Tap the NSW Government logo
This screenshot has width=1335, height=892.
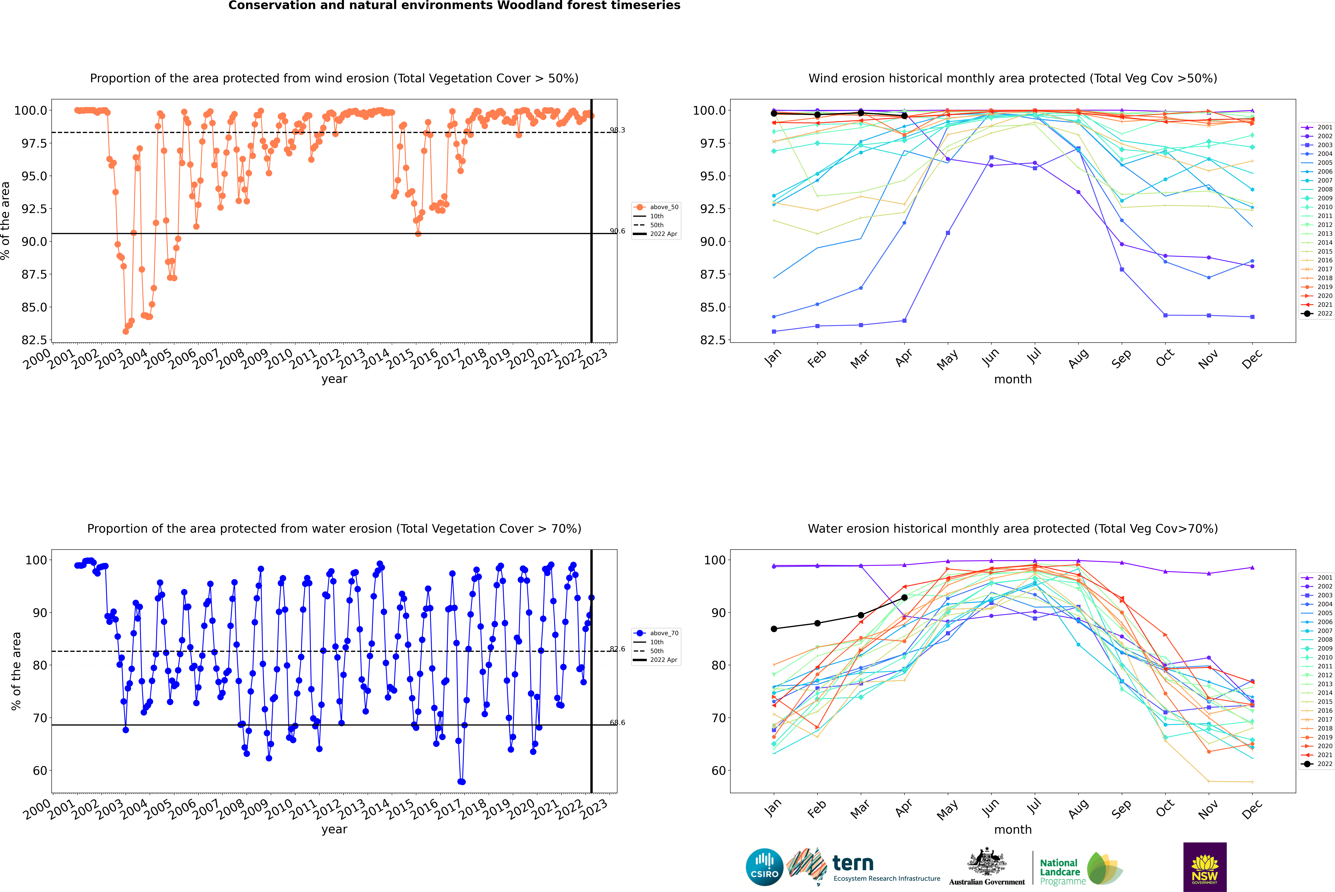click(1205, 867)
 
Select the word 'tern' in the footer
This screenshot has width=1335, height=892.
click(852, 863)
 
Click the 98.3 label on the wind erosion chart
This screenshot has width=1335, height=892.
click(617, 130)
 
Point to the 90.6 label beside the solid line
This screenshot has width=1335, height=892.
click(617, 231)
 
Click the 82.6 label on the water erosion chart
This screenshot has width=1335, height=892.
click(617, 649)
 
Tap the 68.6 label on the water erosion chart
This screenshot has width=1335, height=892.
click(617, 723)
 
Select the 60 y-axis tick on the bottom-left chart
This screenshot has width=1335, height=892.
click(36, 771)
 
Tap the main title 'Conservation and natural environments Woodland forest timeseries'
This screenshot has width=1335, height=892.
click(454, 6)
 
